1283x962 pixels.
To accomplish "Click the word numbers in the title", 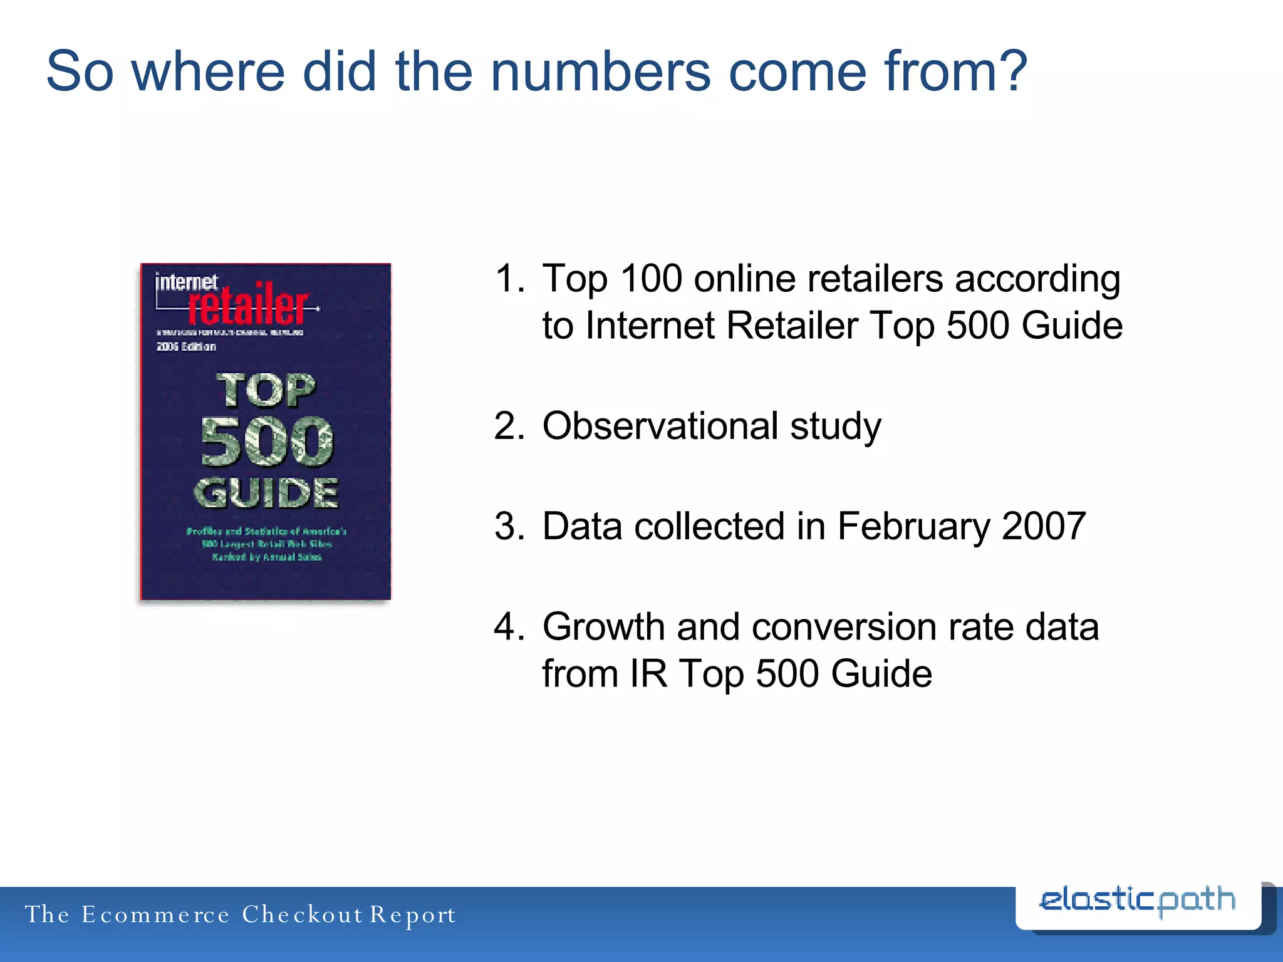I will coord(600,71).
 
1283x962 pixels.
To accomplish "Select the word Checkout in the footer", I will coord(302,914).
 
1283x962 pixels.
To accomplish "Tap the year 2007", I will coord(1044,526).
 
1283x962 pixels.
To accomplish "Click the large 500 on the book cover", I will coord(267,442).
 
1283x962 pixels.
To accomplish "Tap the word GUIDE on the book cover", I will coord(267,492).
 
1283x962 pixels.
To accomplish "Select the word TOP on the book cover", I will coord(266,390).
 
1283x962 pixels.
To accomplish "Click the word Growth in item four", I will coord(603,626).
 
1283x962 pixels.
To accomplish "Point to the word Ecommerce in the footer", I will coord(155,914).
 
